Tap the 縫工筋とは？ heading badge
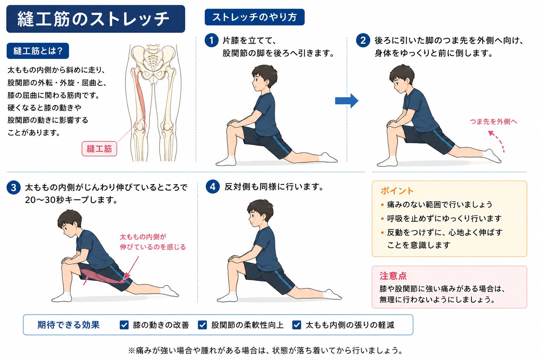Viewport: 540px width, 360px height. pyautogui.click(x=38, y=51)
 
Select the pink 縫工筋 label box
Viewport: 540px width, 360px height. pyautogui.click(x=99, y=149)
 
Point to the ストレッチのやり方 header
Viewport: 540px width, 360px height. pyautogui.click(x=255, y=17)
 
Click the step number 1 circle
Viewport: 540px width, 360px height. pyautogui.click(x=211, y=40)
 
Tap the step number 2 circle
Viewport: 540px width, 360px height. pyautogui.click(x=363, y=40)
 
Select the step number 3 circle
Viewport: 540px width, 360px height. pyautogui.click(x=13, y=188)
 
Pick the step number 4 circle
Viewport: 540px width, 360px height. pyautogui.click(x=213, y=187)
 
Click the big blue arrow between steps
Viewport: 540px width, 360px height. pyautogui.click(x=347, y=101)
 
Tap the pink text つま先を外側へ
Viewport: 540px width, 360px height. pyautogui.click(x=493, y=121)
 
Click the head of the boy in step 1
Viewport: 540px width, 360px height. pyautogui.click(x=264, y=78)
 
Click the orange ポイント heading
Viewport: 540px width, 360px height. pyautogui.click(x=397, y=191)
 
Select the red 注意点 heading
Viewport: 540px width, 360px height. pyautogui.click(x=393, y=276)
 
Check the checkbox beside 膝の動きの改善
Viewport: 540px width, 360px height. pyautogui.click(x=124, y=325)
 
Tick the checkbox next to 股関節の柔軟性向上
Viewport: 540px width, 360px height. pyautogui.click(x=202, y=325)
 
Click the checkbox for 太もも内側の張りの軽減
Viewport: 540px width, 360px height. pyautogui.click(x=296, y=325)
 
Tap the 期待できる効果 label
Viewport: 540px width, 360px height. pyautogui.click(x=69, y=325)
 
